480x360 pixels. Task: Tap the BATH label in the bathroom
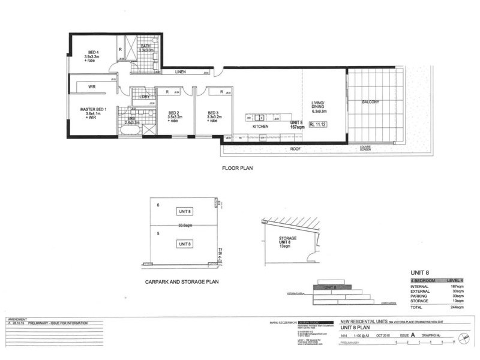coord(145,46)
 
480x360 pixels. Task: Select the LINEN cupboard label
coord(180,72)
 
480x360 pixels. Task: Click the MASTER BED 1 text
coord(93,109)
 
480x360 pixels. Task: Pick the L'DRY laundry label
coord(144,97)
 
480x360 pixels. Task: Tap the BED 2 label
coord(174,113)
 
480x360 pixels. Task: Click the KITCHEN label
coord(260,127)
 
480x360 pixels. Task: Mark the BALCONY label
coord(370,102)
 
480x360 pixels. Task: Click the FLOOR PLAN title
coord(238,169)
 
